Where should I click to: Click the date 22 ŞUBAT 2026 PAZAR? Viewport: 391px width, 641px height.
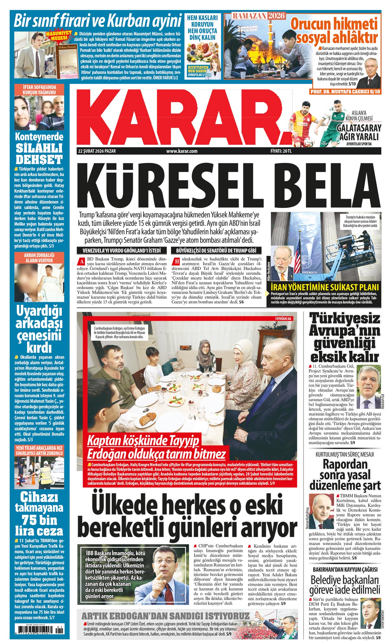(x=97, y=151)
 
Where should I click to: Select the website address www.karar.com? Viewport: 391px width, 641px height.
(x=182, y=151)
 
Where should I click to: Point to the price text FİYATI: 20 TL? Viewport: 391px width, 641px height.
(x=281, y=151)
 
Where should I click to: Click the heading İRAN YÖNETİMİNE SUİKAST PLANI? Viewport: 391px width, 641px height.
(x=324, y=287)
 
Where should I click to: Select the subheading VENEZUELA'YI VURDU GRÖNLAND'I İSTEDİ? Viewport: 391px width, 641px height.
(x=121, y=251)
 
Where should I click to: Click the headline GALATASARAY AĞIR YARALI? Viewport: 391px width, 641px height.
(x=359, y=132)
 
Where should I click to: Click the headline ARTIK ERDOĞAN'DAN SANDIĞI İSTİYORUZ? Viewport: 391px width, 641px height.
(x=165, y=616)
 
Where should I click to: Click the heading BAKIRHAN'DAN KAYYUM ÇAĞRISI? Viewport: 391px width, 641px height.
(x=345, y=569)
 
